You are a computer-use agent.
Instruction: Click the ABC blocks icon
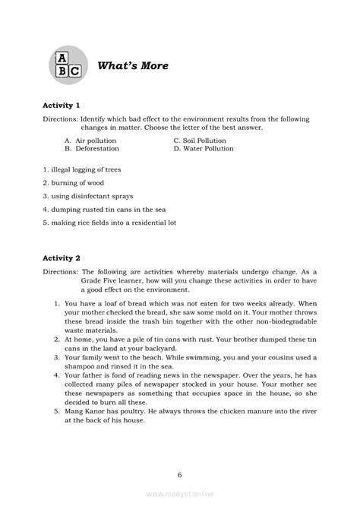68,67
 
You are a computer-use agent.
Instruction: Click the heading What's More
133,66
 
